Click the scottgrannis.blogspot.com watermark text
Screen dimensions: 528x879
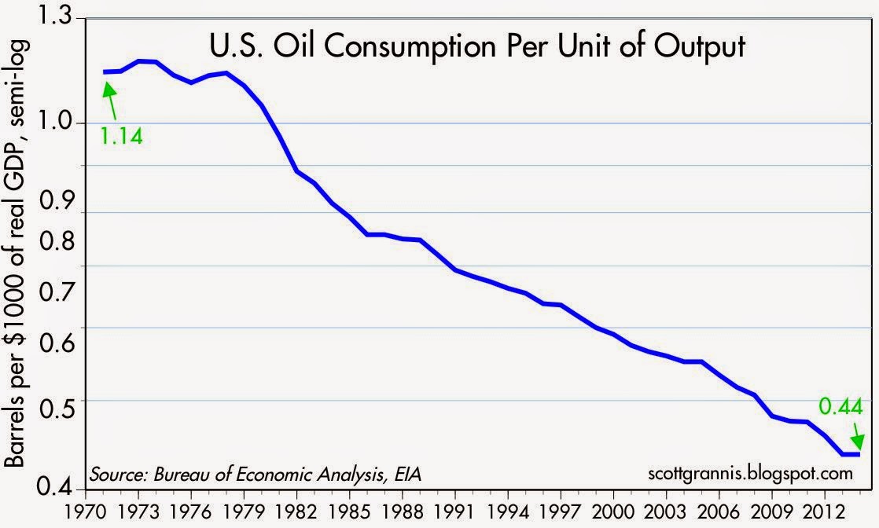[x=750, y=475]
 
